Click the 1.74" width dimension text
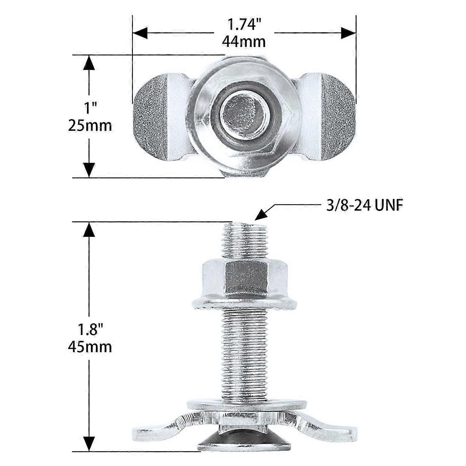pyautogui.click(x=244, y=25)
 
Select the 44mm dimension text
pyautogui.click(x=244, y=41)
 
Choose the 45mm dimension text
pyautogui.click(x=89, y=347)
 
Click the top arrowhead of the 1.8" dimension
pyautogui.click(x=89, y=230)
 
